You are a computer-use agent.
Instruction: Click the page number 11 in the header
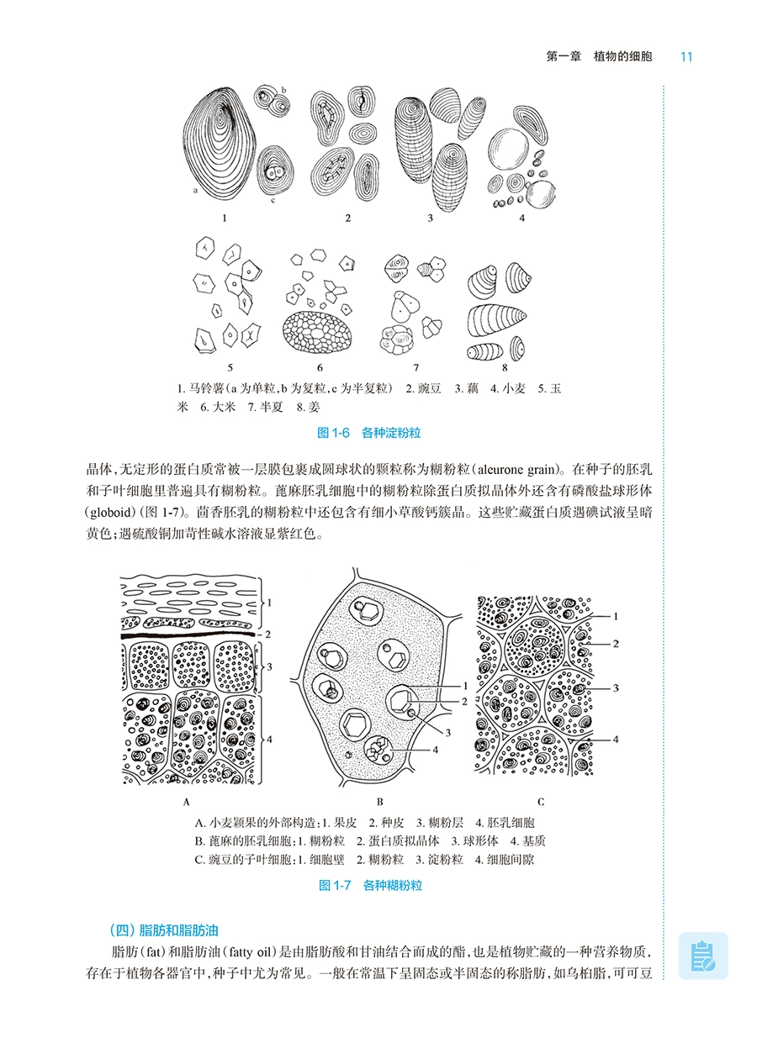pos(686,57)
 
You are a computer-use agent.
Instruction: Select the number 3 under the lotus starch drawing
pos(430,219)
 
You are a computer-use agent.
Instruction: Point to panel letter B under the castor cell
pos(380,801)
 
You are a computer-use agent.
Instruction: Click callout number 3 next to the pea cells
pos(616,687)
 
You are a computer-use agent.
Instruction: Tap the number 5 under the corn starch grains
pos(230,367)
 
